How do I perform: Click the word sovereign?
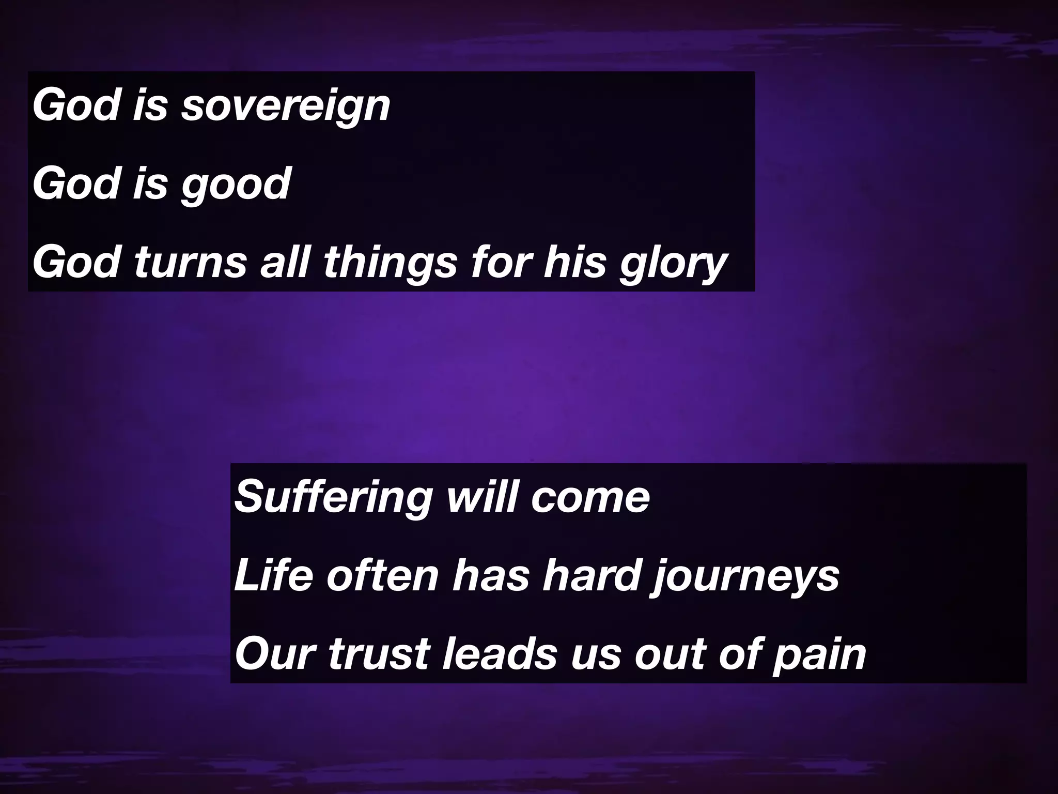coord(285,106)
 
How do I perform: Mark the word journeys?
coord(744,577)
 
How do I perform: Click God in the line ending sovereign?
coord(75,106)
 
